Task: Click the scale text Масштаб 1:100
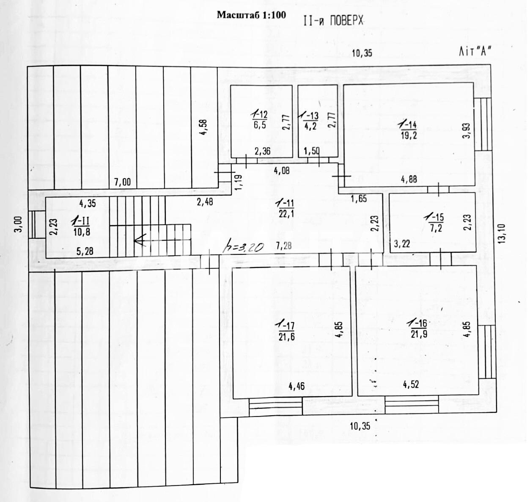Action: (x=251, y=15)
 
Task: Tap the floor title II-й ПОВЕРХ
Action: (x=333, y=20)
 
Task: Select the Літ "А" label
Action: (x=474, y=51)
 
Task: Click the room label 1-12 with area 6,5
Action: (x=260, y=119)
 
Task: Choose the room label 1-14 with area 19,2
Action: (x=408, y=130)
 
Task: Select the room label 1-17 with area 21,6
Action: (x=286, y=331)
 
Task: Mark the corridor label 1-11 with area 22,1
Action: (x=286, y=209)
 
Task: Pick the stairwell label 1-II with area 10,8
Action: (x=81, y=226)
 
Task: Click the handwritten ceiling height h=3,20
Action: (x=242, y=246)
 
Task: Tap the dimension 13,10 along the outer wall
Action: (x=502, y=234)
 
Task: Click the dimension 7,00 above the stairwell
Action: (x=122, y=182)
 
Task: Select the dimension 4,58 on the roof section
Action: (x=203, y=127)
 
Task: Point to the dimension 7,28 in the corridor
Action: (x=283, y=246)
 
